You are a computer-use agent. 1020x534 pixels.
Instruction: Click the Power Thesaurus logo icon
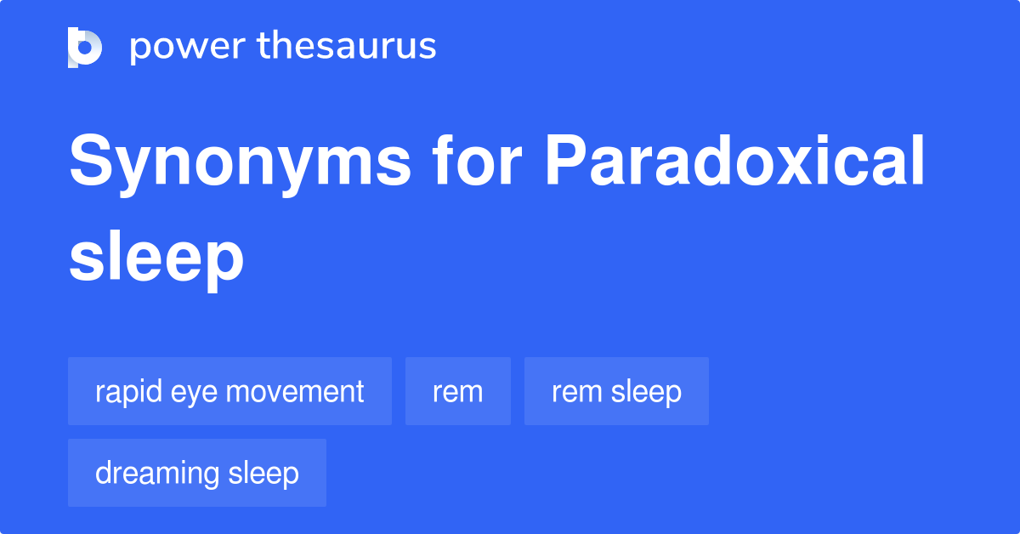point(85,48)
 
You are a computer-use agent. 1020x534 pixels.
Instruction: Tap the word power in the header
point(188,48)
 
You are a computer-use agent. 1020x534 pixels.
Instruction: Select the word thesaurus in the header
point(347,45)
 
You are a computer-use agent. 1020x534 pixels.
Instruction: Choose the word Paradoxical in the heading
point(734,160)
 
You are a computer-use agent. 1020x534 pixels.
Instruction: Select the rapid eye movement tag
point(229,391)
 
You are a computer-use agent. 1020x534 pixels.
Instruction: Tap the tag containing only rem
point(458,391)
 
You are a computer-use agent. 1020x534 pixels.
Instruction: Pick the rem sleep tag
point(616,391)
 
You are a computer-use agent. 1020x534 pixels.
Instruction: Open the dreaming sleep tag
point(196,473)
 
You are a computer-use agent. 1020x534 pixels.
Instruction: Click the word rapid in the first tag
point(128,392)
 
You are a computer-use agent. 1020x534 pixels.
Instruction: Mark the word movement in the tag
point(295,391)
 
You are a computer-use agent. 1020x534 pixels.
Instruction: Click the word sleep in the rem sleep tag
point(646,392)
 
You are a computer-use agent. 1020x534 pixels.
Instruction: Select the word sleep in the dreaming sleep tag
point(263,474)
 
